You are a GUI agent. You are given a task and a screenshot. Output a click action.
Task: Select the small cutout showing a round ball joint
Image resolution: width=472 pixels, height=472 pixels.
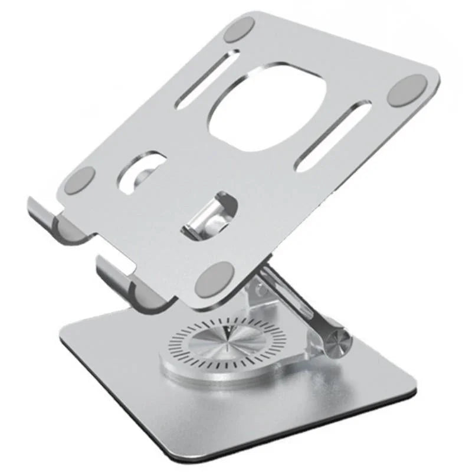coord(142,173)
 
